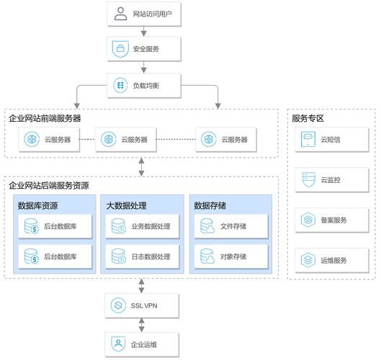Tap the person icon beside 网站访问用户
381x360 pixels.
(120, 14)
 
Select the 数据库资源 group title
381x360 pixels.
(38, 206)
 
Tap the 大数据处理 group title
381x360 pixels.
(126, 206)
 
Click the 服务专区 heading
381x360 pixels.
(308, 117)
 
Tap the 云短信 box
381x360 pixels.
(331, 139)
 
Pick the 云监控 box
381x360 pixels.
(331, 179)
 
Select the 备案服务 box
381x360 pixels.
(331, 220)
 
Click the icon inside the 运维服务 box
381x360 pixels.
(308, 260)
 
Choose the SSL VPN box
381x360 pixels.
(143, 305)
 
